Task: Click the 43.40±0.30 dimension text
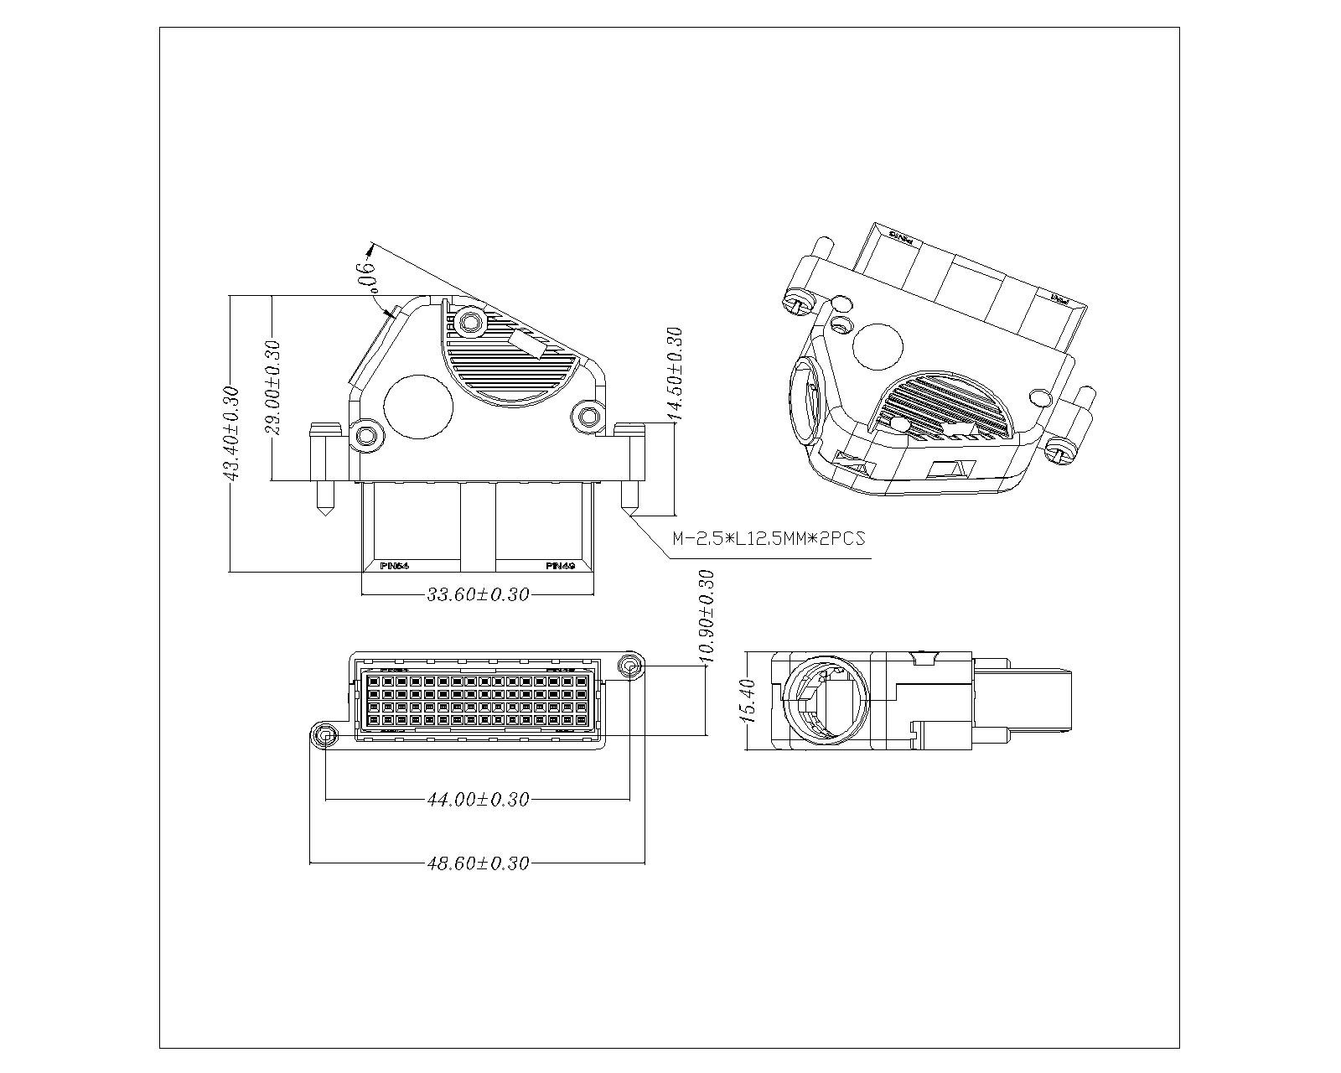click(x=230, y=433)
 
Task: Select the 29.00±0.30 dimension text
click(x=272, y=387)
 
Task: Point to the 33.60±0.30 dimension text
click(x=478, y=594)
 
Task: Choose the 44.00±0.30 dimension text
click(x=478, y=800)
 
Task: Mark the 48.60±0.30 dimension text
click(x=478, y=863)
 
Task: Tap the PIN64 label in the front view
click(x=394, y=566)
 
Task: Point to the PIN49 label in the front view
click(x=560, y=566)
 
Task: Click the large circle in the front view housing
click(x=417, y=407)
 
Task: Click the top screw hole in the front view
click(x=470, y=322)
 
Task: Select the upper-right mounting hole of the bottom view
click(x=629, y=666)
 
